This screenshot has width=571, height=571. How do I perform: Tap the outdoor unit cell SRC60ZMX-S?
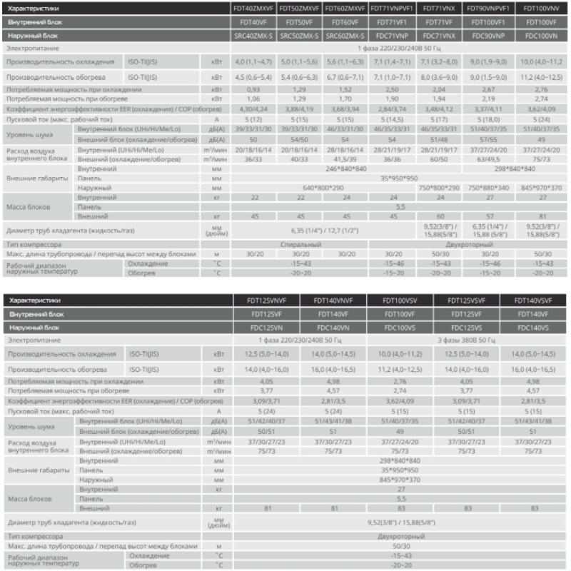point(346,34)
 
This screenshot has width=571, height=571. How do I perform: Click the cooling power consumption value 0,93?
point(254,89)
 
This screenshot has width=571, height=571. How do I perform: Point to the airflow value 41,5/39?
point(346,160)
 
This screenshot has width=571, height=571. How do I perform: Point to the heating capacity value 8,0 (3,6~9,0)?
point(439,76)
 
